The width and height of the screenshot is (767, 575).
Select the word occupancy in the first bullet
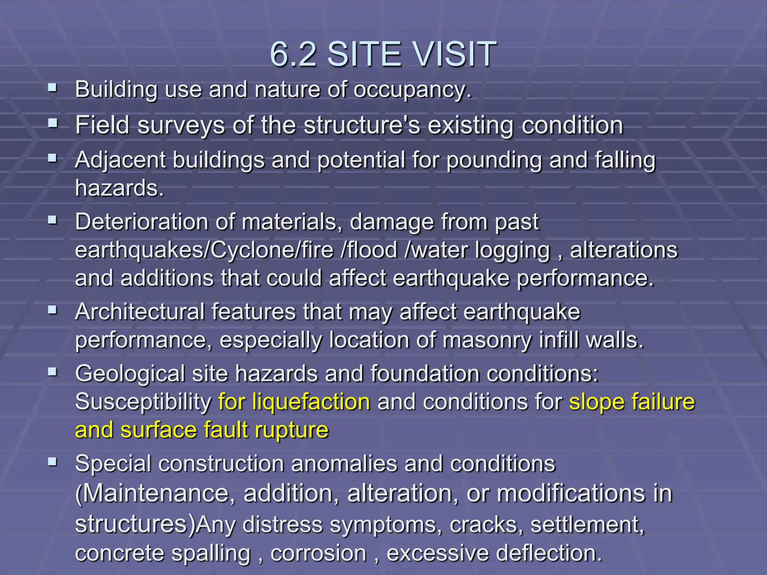(412, 90)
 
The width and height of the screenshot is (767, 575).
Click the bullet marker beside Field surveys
(52, 123)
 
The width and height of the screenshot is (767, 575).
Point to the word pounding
(494, 160)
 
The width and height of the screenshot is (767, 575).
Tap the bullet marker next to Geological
(52, 372)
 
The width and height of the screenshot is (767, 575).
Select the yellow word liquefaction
(310, 402)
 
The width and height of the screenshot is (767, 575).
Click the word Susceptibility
(143, 402)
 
